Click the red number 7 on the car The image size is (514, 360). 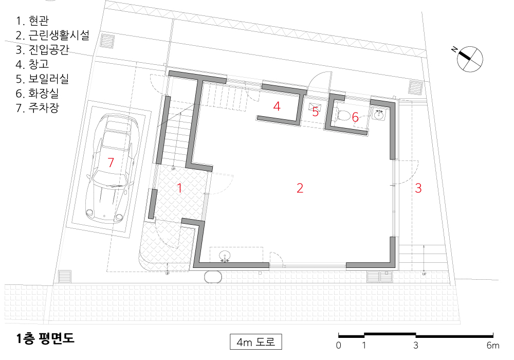pos(111,163)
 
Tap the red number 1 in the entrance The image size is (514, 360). pos(179,188)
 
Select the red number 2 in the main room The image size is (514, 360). pos(300,188)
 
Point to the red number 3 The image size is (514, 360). pos(418,188)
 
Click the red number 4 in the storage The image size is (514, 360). pos(277,106)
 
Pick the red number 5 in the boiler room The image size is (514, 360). pos(316,112)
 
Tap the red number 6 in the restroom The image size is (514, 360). pos(355,117)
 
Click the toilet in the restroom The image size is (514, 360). pos(343,115)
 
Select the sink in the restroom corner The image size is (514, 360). pos(379,114)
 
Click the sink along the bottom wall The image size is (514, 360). pos(225,256)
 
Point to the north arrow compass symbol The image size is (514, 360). pos(469,59)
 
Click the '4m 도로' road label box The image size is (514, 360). pos(255,342)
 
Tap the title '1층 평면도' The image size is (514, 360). pos(45,339)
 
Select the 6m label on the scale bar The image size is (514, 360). pos(493,345)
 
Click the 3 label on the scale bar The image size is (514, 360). pos(416,345)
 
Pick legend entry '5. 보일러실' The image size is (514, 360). pos(42,79)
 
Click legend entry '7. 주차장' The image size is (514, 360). pos(38,108)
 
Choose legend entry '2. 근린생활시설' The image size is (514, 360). pos(52,35)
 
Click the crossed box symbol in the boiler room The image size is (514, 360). pos(315,107)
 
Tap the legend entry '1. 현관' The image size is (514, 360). pos(32,21)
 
